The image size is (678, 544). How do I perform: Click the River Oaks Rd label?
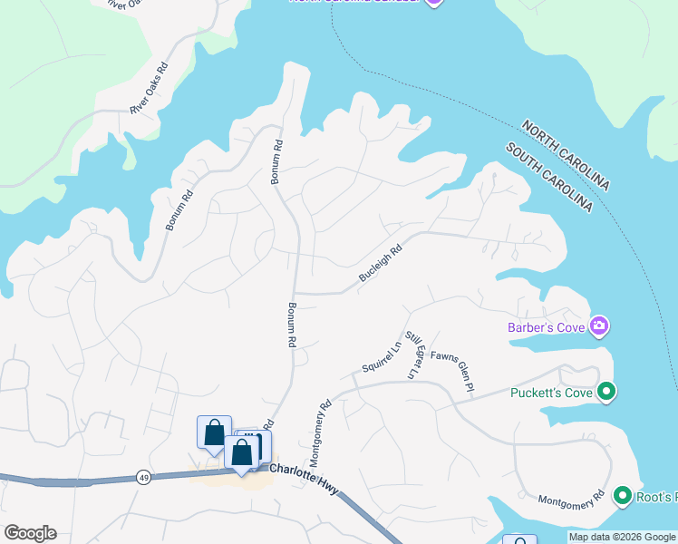click(x=150, y=88)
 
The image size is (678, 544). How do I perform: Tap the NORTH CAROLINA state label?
click(x=566, y=154)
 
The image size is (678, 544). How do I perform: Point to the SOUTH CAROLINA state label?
click(x=549, y=178)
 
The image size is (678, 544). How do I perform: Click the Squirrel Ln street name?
click(x=381, y=356)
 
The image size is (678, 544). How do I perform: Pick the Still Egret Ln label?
click(x=413, y=355)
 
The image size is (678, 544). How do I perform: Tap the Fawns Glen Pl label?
click(x=452, y=372)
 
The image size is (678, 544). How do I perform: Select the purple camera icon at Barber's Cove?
click(x=598, y=325)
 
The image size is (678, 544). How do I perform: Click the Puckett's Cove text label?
click(x=551, y=393)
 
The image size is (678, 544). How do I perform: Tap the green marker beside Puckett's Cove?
click(x=606, y=392)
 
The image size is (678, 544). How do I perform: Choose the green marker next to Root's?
click(x=623, y=496)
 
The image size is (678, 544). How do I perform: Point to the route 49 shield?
click(x=144, y=478)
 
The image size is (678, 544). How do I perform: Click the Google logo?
click(x=30, y=532)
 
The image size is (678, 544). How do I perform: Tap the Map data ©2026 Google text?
click(x=621, y=537)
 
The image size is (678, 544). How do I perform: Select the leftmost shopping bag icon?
click(x=214, y=432)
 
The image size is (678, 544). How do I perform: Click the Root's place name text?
click(x=657, y=496)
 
